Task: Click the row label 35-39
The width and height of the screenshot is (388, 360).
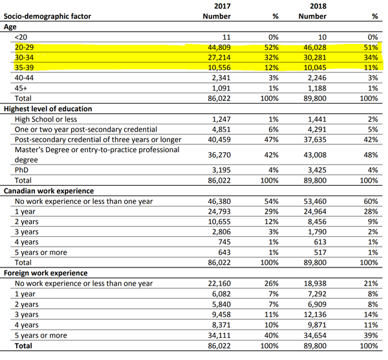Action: tap(25, 68)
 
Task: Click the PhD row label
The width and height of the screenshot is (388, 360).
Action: tap(21, 170)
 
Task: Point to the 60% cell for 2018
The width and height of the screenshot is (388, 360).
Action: tap(371, 201)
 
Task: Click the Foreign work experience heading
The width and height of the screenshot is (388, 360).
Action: tap(44, 273)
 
